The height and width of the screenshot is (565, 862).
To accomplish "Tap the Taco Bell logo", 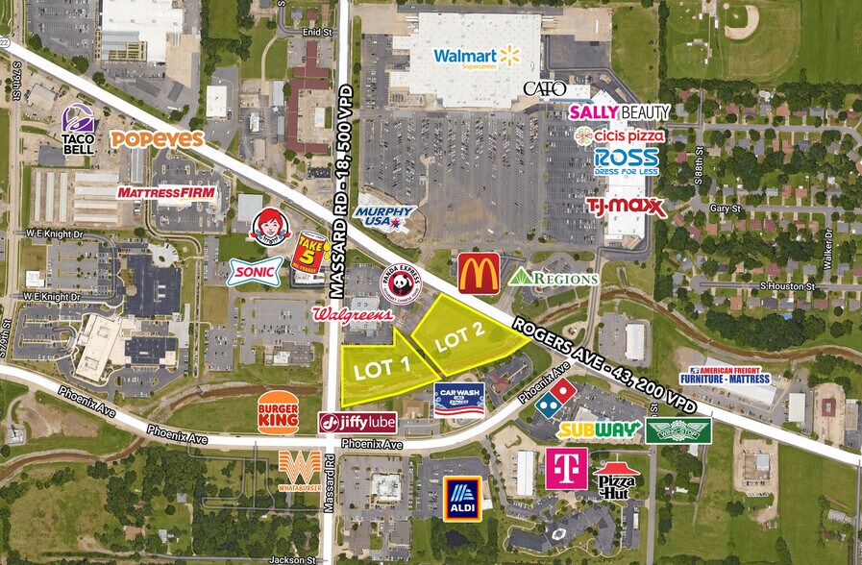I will (78, 130).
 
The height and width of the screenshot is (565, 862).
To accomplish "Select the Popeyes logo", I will (157, 139).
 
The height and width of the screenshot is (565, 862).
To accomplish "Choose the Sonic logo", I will (256, 272).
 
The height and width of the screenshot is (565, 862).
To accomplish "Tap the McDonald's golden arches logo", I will (479, 273).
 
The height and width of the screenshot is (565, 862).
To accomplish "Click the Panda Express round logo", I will (400, 283).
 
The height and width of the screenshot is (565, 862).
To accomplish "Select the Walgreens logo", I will (353, 314).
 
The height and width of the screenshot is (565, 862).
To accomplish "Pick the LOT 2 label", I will (458, 336).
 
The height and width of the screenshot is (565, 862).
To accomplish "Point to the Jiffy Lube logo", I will (357, 423).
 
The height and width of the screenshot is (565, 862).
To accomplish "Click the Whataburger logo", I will (299, 468).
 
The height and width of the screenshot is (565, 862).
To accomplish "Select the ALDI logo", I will (462, 499).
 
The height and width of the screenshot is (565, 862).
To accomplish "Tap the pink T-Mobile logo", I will (567, 469).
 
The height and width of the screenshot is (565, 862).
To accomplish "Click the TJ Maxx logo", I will (627, 206).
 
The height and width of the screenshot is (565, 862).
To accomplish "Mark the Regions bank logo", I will (554, 278).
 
